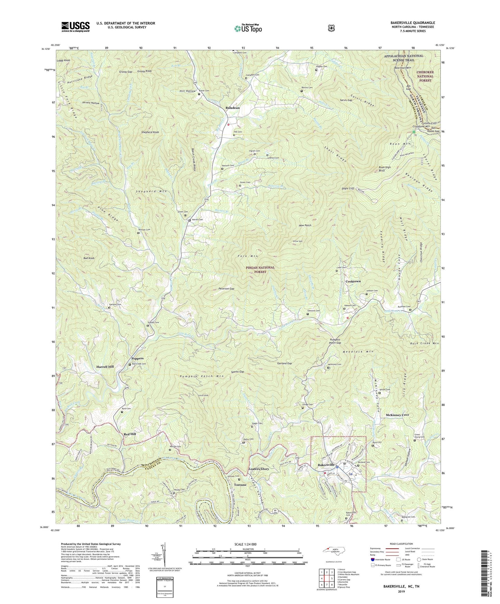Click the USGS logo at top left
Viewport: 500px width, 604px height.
tap(75, 26)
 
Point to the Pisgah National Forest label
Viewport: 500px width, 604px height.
tap(260, 269)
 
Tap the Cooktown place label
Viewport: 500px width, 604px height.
tap(353, 281)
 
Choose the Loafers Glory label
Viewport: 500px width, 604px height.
tap(258, 469)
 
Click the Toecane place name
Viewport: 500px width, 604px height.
tap(240, 485)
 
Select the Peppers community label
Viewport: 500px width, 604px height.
tap(137, 358)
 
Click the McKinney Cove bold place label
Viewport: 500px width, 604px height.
tap(397, 415)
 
